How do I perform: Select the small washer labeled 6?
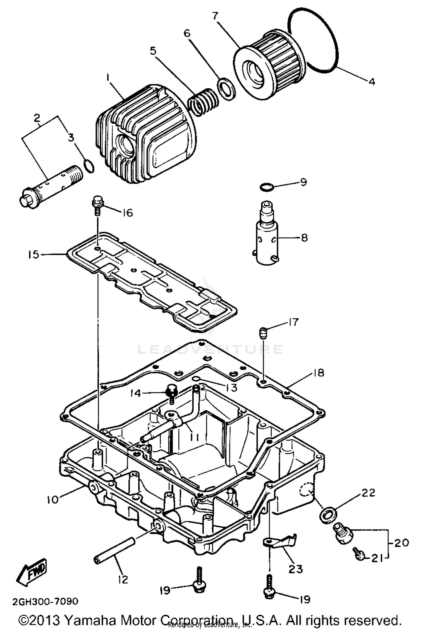(226, 89)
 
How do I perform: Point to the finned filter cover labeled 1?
(146, 135)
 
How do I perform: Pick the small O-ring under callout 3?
(89, 166)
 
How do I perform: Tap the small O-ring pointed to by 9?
(266, 187)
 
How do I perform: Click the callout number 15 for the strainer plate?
(34, 255)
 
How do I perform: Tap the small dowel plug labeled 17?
(262, 333)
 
